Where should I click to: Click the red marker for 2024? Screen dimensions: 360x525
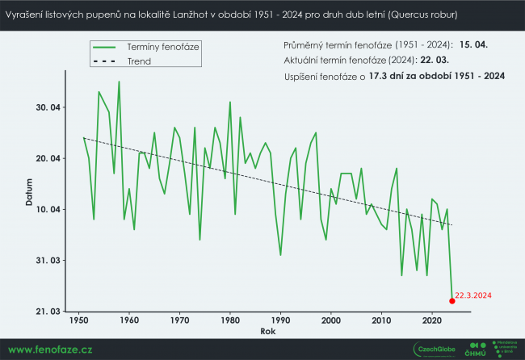tap(451, 301)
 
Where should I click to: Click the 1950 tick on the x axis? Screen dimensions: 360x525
tap(79, 321)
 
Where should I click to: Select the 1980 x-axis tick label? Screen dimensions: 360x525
tap(230, 321)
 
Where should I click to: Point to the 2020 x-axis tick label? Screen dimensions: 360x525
tap(432, 321)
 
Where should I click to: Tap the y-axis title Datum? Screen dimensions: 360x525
tap(29, 194)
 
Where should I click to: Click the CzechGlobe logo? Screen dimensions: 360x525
tap(435, 349)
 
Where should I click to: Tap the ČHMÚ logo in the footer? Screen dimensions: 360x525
tap(476, 349)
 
